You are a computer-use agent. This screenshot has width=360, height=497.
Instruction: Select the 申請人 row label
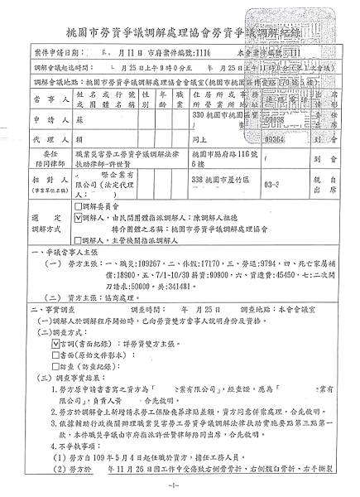point(31,120)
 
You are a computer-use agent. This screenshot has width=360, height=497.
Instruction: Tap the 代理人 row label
point(31,141)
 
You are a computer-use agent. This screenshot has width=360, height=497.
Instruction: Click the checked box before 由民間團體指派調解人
point(78,215)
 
